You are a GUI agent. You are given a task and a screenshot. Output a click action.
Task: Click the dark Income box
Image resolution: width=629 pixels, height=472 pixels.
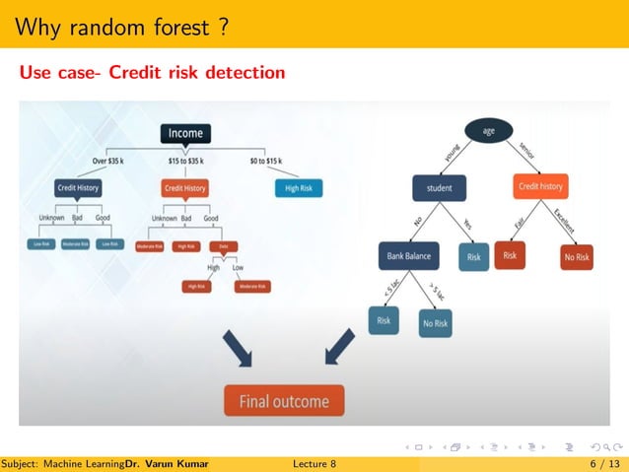[185, 133]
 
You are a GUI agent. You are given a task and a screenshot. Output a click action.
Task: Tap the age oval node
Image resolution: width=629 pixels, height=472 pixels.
[487, 131]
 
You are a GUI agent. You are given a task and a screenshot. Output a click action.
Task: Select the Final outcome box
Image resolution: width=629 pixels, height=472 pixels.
[283, 401]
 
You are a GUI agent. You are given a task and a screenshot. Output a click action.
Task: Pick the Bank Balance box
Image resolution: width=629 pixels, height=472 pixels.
[408, 256]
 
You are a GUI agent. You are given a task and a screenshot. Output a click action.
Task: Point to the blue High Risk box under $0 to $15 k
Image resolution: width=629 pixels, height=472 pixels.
[298, 187]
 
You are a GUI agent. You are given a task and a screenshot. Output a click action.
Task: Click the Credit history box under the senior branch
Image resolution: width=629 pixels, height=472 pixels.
[540, 186]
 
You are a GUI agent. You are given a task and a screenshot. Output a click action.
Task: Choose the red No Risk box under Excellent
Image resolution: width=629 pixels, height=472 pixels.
[576, 257]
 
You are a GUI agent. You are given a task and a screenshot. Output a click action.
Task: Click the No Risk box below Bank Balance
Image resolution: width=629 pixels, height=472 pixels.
[435, 323]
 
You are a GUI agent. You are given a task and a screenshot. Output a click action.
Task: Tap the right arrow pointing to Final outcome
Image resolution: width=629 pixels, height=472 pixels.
[338, 347]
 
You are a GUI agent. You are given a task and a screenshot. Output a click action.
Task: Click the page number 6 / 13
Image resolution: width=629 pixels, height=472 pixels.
[604, 463]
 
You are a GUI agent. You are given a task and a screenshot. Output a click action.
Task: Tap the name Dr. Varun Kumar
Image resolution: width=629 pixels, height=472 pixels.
[168, 463]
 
